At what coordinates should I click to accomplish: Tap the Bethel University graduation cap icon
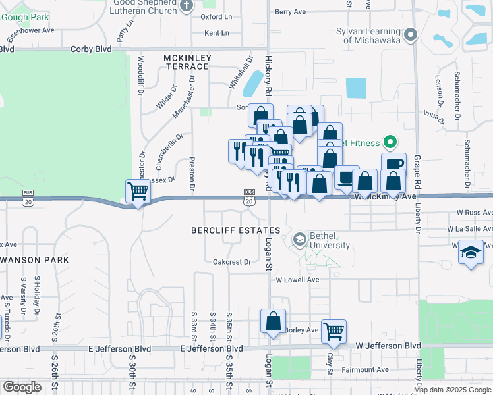[x=300, y=239]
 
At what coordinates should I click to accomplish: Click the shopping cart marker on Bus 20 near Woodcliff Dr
[x=138, y=192]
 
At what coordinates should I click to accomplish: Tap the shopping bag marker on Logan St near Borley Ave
[x=273, y=322]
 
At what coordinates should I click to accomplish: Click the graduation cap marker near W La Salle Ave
[x=471, y=252]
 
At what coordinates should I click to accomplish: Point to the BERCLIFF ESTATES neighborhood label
[x=236, y=230]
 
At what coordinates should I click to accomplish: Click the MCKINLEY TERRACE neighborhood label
[x=188, y=63]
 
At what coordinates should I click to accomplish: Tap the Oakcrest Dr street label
[x=232, y=261]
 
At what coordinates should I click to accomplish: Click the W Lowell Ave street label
[x=297, y=279]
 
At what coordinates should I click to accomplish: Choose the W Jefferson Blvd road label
[x=388, y=346]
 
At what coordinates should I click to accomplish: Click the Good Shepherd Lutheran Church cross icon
[x=187, y=5]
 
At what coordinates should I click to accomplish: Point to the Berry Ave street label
[x=291, y=12]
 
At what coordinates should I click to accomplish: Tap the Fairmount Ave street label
[x=364, y=370]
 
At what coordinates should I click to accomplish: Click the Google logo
[x=22, y=387]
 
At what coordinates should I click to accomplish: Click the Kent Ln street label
[x=217, y=33]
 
